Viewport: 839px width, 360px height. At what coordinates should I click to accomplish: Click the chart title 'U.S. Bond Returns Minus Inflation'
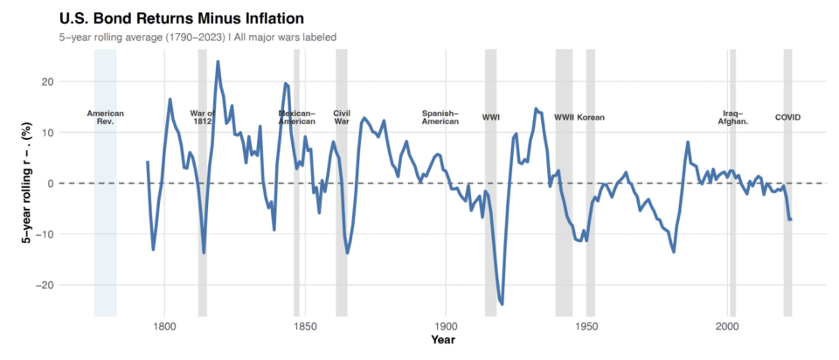[x=182, y=17]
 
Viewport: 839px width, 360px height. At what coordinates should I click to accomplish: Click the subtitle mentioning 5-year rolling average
[x=198, y=37]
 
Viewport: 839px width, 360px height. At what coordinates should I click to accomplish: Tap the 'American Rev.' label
[x=106, y=117]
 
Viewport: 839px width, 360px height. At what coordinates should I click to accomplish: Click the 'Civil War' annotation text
[x=342, y=117]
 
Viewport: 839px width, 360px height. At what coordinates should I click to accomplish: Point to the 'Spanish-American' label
[x=440, y=117]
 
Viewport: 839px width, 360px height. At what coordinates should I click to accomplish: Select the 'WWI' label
[x=491, y=117]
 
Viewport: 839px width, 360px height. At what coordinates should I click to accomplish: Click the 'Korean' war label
[x=591, y=117]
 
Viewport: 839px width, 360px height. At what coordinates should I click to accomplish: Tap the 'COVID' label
[x=787, y=117]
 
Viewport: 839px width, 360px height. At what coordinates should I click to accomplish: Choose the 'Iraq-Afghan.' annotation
[x=732, y=117]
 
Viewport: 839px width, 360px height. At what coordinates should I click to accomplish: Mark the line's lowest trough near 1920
[x=502, y=304]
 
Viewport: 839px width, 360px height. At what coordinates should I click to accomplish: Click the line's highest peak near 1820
[x=218, y=62]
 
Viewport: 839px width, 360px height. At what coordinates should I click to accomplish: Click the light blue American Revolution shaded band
[x=106, y=218]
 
